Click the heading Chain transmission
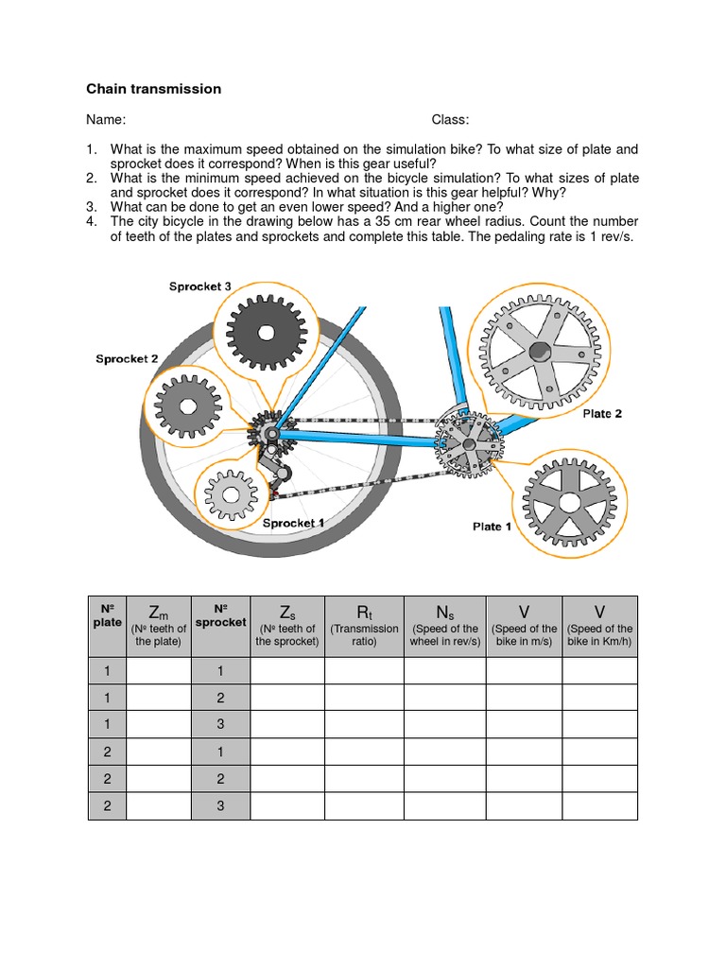point(153,89)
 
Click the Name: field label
point(106,119)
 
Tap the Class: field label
point(450,119)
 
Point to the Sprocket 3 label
point(200,286)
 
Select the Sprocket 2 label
point(127,359)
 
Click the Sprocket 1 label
point(294,523)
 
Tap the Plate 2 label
point(602,414)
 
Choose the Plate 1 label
point(492,527)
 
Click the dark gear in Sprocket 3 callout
point(266,332)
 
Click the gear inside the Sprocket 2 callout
point(187,406)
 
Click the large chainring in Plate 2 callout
point(539,352)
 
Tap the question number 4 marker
point(92,222)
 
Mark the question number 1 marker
point(92,149)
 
